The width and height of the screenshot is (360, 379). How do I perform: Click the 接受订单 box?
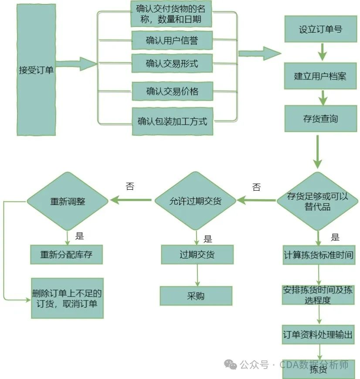pyautogui.click(x=36, y=70)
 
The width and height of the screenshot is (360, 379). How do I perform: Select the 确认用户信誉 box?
pyautogui.click(x=172, y=41)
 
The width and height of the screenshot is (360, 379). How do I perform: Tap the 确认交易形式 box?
pyautogui.click(x=172, y=64)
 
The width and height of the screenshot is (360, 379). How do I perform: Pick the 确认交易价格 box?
pyautogui.click(x=172, y=91)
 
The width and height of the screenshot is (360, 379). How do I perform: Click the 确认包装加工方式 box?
pyautogui.click(x=173, y=121)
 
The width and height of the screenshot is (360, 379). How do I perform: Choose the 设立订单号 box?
pyautogui.click(x=320, y=30)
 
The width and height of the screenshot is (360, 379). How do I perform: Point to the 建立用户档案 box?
pyautogui.click(x=320, y=76)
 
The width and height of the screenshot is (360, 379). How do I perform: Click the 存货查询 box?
pyautogui.click(x=320, y=118)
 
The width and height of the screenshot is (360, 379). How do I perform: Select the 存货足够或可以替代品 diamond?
pyautogui.click(x=318, y=201)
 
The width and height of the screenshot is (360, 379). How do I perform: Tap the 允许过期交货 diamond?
pyautogui.click(x=195, y=201)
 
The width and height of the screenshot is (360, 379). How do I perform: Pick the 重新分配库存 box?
pyautogui.click(x=67, y=254)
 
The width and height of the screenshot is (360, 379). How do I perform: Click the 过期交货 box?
pyautogui.click(x=197, y=254)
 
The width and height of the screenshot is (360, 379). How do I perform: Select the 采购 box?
pyautogui.click(x=196, y=296)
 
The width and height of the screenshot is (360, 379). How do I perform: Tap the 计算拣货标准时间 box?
pyautogui.click(x=318, y=254)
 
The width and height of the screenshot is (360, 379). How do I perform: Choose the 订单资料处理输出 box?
pyautogui.click(x=318, y=335)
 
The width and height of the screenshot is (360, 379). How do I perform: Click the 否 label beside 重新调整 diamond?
pyautogui.click(x=130, y=187)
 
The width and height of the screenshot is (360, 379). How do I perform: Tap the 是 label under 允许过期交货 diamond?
pyautogui.click(x=208, y=239)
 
